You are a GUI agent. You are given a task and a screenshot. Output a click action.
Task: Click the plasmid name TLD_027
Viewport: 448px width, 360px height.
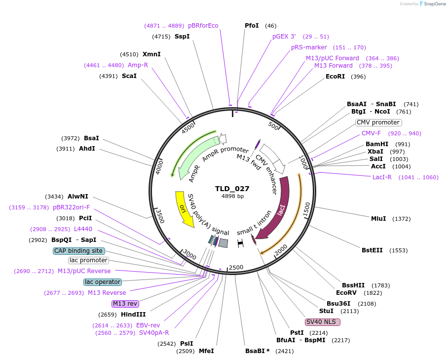coord(232,189)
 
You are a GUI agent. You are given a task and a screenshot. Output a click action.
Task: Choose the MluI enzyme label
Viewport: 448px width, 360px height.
coord(378,219)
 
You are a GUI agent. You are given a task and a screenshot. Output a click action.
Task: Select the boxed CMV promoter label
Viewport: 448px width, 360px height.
coord(378,122)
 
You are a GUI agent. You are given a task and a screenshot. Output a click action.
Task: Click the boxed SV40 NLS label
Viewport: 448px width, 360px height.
coord(323,322)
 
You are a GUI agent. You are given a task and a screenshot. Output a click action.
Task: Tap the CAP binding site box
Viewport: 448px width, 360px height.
coord(79,251)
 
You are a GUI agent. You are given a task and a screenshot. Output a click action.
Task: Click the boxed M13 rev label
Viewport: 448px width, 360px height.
coord(125,304)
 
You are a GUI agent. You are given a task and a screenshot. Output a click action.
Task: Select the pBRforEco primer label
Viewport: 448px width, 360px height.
coord(203,26)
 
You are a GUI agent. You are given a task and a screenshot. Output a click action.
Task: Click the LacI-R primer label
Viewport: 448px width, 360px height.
coord(382,177)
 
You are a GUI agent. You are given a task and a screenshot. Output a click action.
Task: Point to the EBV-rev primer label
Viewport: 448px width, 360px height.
coord(148,325)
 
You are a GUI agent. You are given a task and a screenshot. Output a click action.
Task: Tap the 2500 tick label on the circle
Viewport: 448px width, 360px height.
coord(236,267)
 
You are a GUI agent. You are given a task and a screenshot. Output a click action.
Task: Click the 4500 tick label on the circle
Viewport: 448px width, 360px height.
coord(188,128)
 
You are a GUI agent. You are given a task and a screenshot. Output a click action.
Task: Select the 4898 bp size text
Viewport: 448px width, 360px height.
coord(232,197)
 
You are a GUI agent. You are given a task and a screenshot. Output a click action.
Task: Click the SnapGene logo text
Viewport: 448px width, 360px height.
coord(435,4)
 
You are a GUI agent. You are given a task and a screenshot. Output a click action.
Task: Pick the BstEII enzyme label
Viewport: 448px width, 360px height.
coord(372,250)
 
